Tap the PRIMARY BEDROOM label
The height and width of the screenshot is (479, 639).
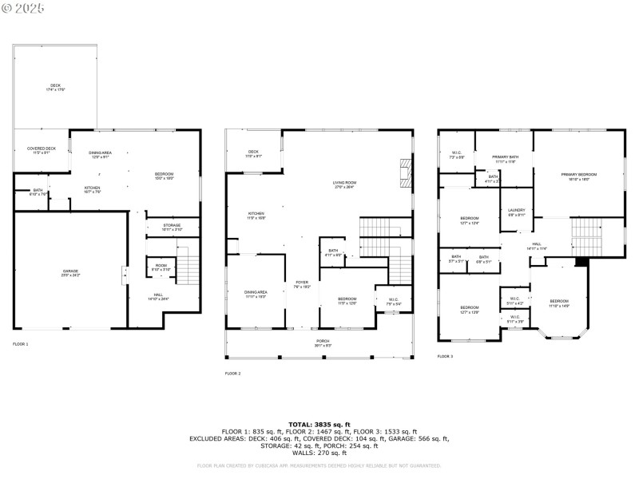pyautogui.click(x=579, y=176)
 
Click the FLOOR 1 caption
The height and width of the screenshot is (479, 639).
pyautogui.click(x=21, y=344)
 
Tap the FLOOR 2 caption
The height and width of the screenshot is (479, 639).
pyautogui.click(x=232, y=374)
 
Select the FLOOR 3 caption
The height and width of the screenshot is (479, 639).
pyautogui.click(x=445, y=357)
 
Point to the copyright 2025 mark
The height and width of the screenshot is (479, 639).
pyautogui.click(x=23, y=7)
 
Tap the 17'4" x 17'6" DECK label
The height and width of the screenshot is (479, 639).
pyautogui.click(x=55, y=87)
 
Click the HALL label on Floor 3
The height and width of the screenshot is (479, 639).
pyautogui.click(x=537, y=246)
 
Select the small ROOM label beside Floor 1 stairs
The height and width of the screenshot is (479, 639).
pyautogui.click(x=161, y=267)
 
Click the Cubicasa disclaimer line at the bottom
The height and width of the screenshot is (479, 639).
pyautogui.click(x=319, y=465)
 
